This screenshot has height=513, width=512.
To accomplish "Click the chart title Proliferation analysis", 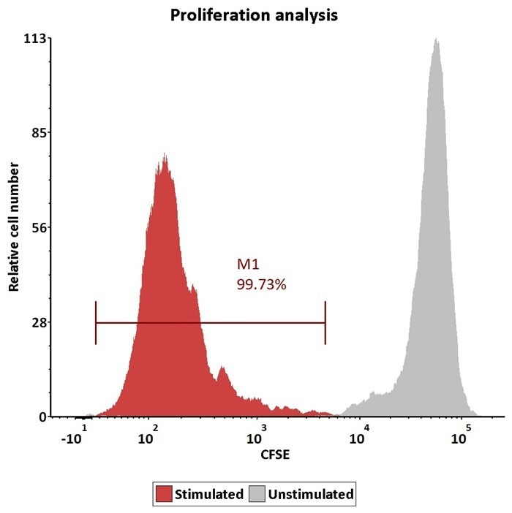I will pos(254,15).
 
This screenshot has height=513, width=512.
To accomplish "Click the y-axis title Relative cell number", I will pos(13,227).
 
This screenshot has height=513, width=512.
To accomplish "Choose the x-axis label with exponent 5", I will pos(460,436).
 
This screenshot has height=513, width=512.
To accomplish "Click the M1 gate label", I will pos(248,265).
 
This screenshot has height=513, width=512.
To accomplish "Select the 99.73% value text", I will pos(260,284).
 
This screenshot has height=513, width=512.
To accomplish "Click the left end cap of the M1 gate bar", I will pos(96,322).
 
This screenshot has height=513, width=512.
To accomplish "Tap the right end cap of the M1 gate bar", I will pos(325,322).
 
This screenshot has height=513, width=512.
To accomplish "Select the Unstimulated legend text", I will pos(311,494).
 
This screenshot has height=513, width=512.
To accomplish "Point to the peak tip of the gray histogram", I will pos(436,39).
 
